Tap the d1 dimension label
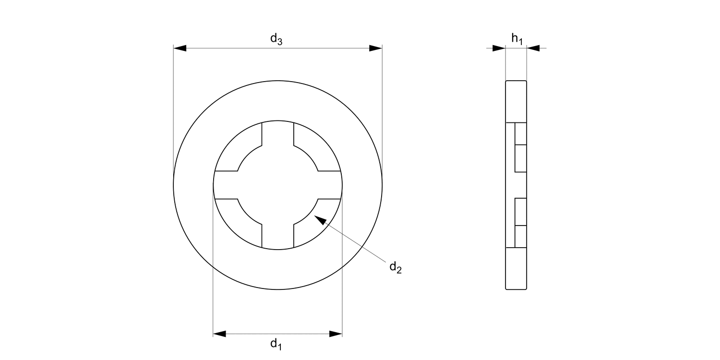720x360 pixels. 276,344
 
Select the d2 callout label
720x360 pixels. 395,267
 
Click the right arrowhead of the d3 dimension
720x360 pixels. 375,48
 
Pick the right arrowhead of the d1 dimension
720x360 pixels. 336,334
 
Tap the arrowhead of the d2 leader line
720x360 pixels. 319,220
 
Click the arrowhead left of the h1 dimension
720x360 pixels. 499,48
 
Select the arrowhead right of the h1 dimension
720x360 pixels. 533,48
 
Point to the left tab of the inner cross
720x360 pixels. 226,185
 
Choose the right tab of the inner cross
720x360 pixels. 330,185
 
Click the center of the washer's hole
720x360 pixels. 277,185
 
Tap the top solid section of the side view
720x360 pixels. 516,101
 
